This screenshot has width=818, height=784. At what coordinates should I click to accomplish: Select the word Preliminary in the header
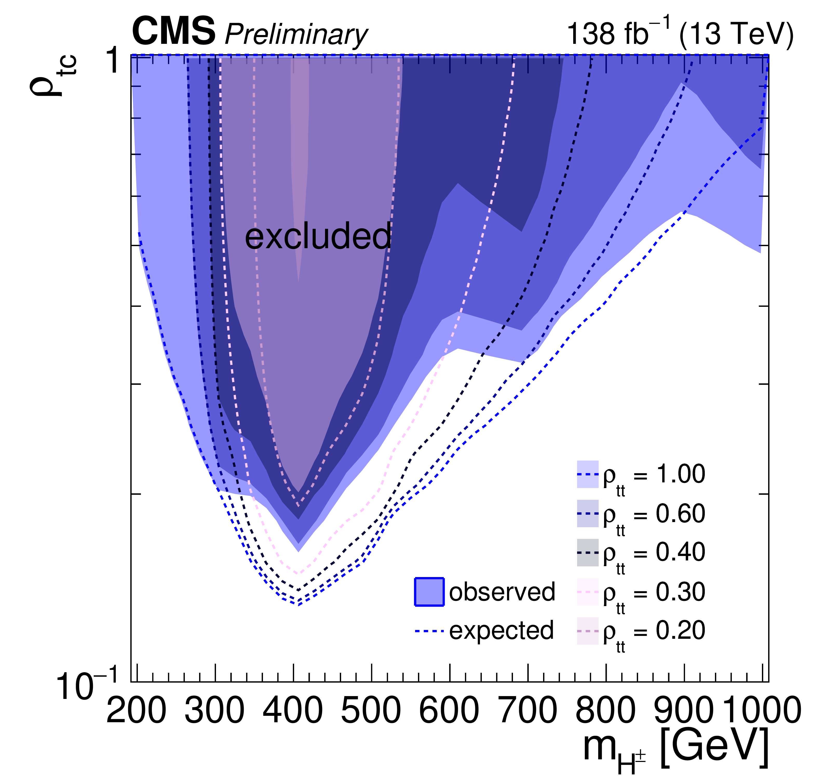[296, 34]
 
